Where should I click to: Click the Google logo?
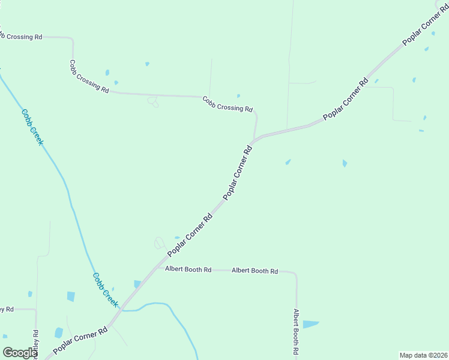point(20,353)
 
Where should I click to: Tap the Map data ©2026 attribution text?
point(423,355)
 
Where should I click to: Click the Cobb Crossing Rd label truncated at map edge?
point(21,37)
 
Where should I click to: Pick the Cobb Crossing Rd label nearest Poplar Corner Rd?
point(228,104)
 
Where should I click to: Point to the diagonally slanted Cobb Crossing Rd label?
point(89,77)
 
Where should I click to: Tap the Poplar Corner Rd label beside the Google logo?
point(80,340)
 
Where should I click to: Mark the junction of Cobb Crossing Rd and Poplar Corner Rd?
point(256,140)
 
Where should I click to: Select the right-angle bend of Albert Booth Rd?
point(295,274)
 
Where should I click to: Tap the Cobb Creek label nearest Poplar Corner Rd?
point(106,290)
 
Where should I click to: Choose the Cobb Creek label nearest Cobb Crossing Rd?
point(32,127)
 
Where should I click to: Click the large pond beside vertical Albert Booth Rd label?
point(310,324)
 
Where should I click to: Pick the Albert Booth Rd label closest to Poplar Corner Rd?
point(188,270)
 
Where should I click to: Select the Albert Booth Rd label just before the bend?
point(255,271)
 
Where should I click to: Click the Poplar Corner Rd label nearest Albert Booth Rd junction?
point(191,234)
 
